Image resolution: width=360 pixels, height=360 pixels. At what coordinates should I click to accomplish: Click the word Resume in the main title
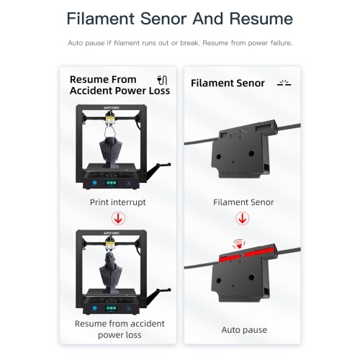pyautogui.click(x=261, y=19)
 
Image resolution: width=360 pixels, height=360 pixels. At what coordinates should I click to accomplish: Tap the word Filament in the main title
pyautogui.click(x=101, y=19)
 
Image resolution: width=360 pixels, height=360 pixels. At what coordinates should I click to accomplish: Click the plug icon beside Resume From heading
pyautogui.click(x=162, y=80)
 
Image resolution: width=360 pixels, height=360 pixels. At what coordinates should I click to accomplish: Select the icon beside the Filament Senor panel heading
pyautogui.click(x=284, y=83)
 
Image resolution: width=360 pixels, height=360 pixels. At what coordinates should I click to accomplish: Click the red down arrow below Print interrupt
pyautogui.click(x=118, y=218)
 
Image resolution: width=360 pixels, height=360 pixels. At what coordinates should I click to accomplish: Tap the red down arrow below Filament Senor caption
pyautogui.click(x=243, y=218)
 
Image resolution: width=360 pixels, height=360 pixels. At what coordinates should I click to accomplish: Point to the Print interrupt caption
pyautogui.click(x=118, y=202)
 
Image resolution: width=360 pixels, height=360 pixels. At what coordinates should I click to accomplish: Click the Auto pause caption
pyautogui.click(x=244, y=330)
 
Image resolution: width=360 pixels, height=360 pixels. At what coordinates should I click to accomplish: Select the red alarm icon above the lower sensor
pyautogui.click(x=239, y=244)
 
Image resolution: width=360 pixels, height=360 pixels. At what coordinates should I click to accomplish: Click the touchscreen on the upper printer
pyautogui.click(x=112, y=183)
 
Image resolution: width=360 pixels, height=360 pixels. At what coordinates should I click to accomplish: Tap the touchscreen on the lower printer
pyautogui.click(x=112, y=308)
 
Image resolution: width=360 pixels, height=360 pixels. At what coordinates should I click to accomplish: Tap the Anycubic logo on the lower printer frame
pyautogui.click(x=112, y=233)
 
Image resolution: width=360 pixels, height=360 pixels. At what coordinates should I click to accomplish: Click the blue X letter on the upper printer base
pyautogui.click(x=129, y=184)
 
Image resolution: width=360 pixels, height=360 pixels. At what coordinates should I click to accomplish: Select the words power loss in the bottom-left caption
pyautogui.click(x=120, y=335)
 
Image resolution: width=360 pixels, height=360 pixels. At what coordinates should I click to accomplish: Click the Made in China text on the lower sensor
pyautogui.click(x=234, y=297)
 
